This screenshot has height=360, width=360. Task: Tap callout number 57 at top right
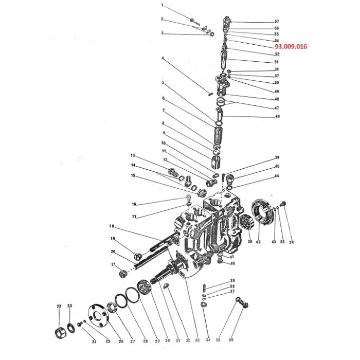coord(276,22)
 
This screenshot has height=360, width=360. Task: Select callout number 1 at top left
coord(163,6)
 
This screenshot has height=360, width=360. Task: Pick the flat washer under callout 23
coord(70,327)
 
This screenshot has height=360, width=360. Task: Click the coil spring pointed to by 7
coord(219,136)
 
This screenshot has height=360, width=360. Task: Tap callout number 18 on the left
coord(111,226)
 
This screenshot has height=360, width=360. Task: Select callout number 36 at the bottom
coord(231,340)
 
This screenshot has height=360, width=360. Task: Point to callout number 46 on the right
coord(276,117)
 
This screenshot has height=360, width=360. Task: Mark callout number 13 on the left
coord(132,155)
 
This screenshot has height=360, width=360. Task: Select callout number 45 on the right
coord(276,167)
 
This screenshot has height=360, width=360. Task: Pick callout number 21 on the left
coord(113,264)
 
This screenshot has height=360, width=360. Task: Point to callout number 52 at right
coord(276,54)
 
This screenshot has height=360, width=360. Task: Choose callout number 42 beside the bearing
coord(259,242)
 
